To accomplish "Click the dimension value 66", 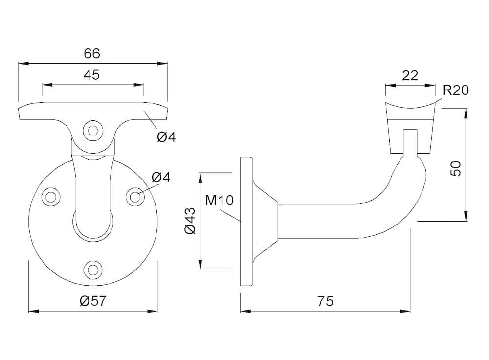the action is pyautogui.click(x=92, y=54).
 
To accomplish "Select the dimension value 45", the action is pyautogui.click(x=92, y=75).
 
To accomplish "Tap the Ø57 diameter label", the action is pyautogui.click(x=93, y=301).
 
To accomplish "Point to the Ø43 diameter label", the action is pyautogui.click(x=190, y=220).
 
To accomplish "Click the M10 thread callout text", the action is pyautogui.click(x=219, y=200).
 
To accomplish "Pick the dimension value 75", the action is pyautogui.click(x=325, y=301).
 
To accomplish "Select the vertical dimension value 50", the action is pyautogui.click(x=456, y=168).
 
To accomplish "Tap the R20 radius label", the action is pyautogui.click(x=456, y=90).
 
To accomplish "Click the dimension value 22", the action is pyautogui.click(x=410, y=75).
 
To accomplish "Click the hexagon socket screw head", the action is pyautogui.click(x=93, y=130).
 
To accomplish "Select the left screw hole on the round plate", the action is pyautogui.click(x=50, y=197).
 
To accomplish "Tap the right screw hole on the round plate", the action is pyautogui.click(x=135, y=197).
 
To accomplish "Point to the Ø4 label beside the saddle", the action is pyautogui.click(x=166, y=137).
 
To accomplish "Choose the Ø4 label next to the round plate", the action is pyautogui.click(x=161, y=178).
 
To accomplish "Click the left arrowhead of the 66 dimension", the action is pyautogui.click(x=23, y=64).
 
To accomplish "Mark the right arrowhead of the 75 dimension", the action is pyautogui.click(x=405, y=311).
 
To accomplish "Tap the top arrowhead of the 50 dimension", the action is pyautogui.click(x=466, y=113).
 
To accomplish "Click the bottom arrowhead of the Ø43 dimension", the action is pyautogui.click(x=200, y=264).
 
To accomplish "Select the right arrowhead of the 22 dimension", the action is pyautogui.click(x=430, y=85).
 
